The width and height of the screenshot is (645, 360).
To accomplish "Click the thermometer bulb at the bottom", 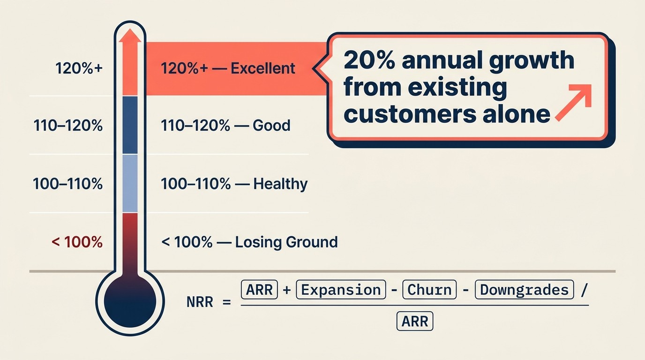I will pos(130,302).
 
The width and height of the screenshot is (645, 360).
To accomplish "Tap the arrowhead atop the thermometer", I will pos(130,36).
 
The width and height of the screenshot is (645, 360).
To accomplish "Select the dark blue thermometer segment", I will pos(130,125).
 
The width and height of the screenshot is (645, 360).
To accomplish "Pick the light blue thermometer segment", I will pos(130,183).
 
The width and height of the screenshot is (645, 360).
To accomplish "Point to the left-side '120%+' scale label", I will pos(79,68).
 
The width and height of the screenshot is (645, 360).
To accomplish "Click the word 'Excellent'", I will pos(263,68).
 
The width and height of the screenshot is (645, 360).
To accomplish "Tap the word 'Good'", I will pos(271,126).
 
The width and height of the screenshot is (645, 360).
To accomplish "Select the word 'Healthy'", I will pos(280,184).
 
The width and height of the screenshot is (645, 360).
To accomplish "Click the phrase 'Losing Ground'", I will pos(286,242).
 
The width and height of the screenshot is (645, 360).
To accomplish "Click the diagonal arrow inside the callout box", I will pos(573,104).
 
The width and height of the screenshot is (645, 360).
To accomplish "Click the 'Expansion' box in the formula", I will pos(341,290).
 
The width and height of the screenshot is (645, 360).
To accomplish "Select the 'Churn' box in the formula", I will pos(429,290).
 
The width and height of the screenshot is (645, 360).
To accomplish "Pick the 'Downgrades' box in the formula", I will pos(524,290).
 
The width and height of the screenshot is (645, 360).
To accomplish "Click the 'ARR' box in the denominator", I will pos(415,322).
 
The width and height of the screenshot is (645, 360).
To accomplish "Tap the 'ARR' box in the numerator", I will pos(259,290).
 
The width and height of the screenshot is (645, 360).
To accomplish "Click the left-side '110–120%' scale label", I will pos(68,126).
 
